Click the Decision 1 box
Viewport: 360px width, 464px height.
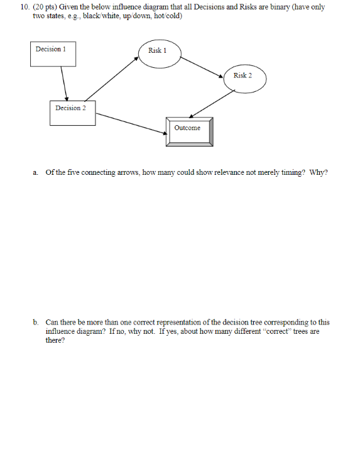[53, 53]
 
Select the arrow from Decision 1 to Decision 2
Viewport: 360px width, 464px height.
[63, 83]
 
